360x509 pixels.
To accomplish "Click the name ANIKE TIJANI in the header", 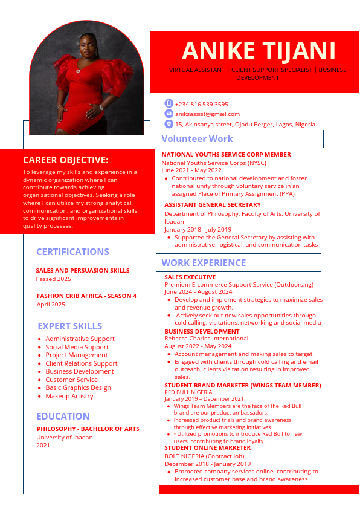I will [x=259, y=51].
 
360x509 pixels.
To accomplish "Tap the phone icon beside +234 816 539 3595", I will [x=169, y=103].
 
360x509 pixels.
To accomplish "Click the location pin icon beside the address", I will [x=169, y=124].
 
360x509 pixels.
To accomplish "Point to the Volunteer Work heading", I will [x=197, y=139].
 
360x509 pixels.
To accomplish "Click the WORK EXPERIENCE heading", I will [x=204, y=263].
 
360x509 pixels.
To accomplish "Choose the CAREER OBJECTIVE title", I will [x=66, y=160].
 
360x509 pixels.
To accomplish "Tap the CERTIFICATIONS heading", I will [x=72, y=252].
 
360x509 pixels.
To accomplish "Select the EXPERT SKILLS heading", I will [x=70, y=326].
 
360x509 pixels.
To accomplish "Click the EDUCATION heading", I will [x=63, y=417].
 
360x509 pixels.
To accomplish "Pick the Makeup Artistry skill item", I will [x=69, y=396].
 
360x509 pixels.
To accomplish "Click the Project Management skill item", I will [x=77, y=355].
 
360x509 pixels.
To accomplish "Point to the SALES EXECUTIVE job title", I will [x=190, y=277].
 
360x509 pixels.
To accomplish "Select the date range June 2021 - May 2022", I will [x=191, y=170].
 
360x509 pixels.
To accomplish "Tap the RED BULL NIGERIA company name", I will [x=188, y=392].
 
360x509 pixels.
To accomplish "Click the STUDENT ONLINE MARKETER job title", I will [x=207, y=448].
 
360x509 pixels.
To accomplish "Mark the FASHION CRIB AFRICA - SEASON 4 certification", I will [x=86, y=296].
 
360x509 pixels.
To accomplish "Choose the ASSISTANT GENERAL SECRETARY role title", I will [x=213, y=205].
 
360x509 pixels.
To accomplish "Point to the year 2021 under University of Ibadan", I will [x=43, y=446].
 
